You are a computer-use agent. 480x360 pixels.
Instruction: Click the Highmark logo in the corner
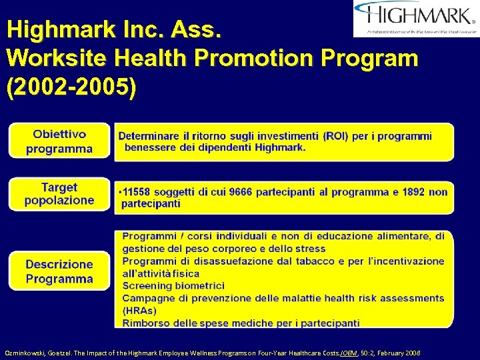[x=416, y=18]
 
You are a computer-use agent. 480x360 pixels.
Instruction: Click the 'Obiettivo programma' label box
[x=59, y=141]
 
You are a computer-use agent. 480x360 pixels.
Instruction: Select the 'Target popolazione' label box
[x=59, y=194]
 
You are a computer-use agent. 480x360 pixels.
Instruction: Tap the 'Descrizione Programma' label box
[x=59, y=271]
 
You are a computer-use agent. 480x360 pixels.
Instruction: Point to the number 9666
[x=242, y=192]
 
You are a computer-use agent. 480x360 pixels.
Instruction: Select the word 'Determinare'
[x=149, y=136]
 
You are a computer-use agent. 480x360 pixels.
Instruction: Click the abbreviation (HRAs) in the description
[x=139, y=311]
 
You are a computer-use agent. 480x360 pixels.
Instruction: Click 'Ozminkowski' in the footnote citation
[x=25, y=351]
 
